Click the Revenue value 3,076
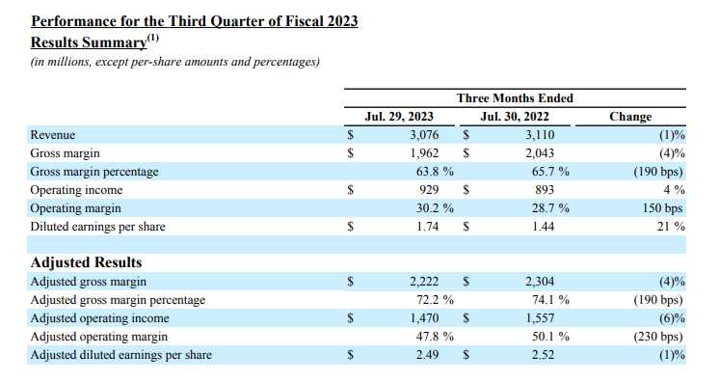coord(424,135)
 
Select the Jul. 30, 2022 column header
coord(515,117)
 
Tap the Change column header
coord(630,117)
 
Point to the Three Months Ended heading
coord(515,98)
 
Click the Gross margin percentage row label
coord(94,172)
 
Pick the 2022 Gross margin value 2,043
coord(540,153)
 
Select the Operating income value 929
coord(429,190)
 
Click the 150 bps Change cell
coord(662,208)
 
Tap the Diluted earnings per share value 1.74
coord(428,227)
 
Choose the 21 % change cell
coord(671,227)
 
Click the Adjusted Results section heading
coord(86,262)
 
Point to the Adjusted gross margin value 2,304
coord(540,282)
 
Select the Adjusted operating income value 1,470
coord(424,318)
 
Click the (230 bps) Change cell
coord(658,337)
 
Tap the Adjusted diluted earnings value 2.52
coord(544,355)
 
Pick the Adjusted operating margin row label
coord(99,337)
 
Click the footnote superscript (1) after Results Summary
coord(152,38)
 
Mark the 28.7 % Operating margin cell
coord(550,208)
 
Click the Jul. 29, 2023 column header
coord(399,117)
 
